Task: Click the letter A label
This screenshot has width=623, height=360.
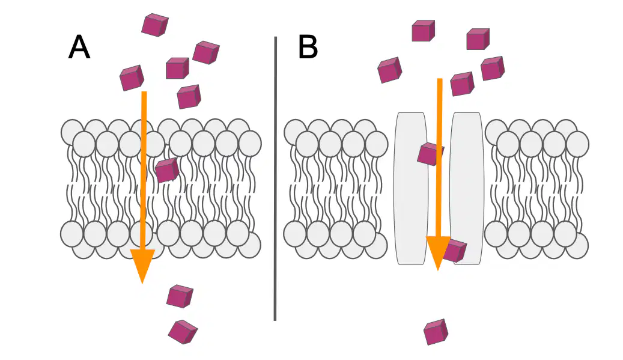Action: coord(79,47)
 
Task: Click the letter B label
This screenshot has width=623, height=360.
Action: coord(308,47)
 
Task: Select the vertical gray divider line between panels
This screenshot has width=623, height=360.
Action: coord(275,179)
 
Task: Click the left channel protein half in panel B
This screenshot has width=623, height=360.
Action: coord(411,188)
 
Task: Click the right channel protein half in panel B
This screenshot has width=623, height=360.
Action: coord(467,188)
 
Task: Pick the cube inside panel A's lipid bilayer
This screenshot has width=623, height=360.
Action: coord(167,170)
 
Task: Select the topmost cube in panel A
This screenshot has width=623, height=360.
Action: coord(155,25)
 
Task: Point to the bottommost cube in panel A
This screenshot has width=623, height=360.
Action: coord(183,331)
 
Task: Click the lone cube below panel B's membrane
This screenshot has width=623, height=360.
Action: coord(436,332)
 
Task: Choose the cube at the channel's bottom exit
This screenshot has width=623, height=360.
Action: coord(455,251)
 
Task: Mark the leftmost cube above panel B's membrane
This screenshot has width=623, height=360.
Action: coord(389,70)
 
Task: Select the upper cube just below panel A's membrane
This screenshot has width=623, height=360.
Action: coord(180,296)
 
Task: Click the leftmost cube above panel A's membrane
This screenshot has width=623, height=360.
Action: coord(132,78)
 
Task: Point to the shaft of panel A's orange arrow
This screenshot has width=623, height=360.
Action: coord(144,171)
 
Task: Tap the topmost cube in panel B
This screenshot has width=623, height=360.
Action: coord(423,31)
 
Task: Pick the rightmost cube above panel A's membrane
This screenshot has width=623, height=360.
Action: coord(206,52)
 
